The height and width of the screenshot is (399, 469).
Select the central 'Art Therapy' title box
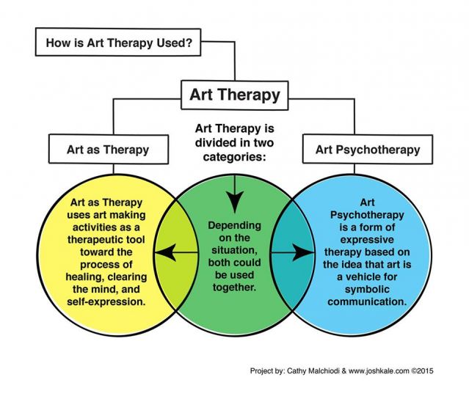click(x=235, y=95)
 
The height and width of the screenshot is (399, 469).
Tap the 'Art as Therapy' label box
click(x=109, y=150)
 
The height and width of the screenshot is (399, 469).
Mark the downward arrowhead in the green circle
click(x=235, y=203)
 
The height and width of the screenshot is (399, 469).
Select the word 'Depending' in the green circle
click(x=234, y=225)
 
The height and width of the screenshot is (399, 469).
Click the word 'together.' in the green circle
click(x=234, y=288)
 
